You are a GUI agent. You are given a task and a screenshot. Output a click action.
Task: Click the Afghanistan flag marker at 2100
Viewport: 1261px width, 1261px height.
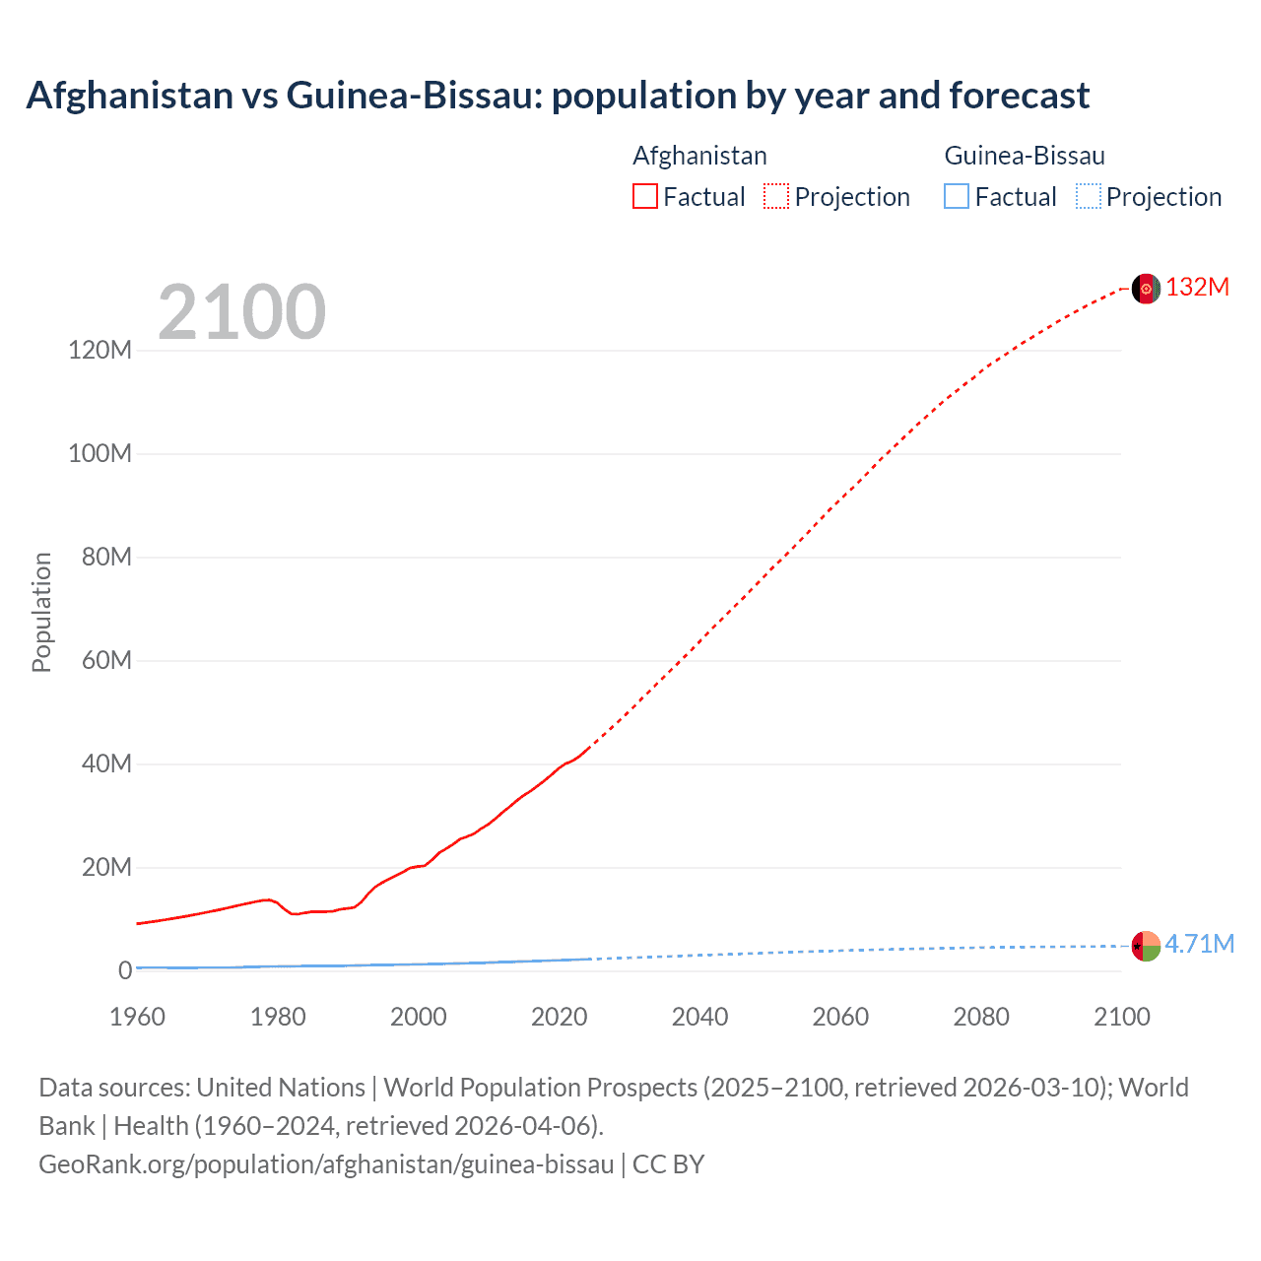(1146, 289)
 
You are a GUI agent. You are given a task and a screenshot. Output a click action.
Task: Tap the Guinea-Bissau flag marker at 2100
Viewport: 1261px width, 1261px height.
(1146, 946)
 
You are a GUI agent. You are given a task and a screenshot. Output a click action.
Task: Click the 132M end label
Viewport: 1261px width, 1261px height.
(1197, 287)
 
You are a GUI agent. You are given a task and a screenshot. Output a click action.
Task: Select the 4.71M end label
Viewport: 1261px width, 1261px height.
(1199, 944)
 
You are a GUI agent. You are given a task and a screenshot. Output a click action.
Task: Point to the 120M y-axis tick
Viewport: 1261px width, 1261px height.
(100, 350)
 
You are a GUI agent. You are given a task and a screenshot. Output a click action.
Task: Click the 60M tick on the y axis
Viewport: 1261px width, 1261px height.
(106, 660)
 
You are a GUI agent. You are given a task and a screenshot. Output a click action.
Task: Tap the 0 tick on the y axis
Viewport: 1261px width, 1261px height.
(125, 970)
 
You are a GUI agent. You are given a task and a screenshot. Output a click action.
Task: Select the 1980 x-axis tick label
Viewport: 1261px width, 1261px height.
(278, 1017)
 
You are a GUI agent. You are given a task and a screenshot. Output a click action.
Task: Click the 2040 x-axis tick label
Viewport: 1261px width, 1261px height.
(699, 1017)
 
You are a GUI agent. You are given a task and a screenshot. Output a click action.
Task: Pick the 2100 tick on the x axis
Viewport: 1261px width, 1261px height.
(1121, 1017)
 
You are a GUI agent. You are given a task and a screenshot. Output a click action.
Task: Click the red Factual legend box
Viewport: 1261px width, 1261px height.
(644, 196)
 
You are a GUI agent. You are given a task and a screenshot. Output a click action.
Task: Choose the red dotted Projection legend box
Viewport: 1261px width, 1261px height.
(776, 196)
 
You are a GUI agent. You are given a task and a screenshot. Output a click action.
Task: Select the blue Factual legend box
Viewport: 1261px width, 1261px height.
(957, 196)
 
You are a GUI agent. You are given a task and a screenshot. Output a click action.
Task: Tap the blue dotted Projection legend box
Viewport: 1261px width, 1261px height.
(1088, 196)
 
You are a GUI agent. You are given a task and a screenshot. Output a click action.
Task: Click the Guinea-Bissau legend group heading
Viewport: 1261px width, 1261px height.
(1025, 156)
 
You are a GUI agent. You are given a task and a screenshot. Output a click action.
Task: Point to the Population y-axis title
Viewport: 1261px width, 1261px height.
(41, 612)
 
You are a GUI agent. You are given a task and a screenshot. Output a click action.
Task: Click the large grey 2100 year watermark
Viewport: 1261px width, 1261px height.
(241, 312)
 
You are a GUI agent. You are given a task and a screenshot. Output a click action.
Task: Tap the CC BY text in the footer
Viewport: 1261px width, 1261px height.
(668, 1164)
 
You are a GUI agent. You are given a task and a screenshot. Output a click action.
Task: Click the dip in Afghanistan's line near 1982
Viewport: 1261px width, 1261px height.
(294, 914)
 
